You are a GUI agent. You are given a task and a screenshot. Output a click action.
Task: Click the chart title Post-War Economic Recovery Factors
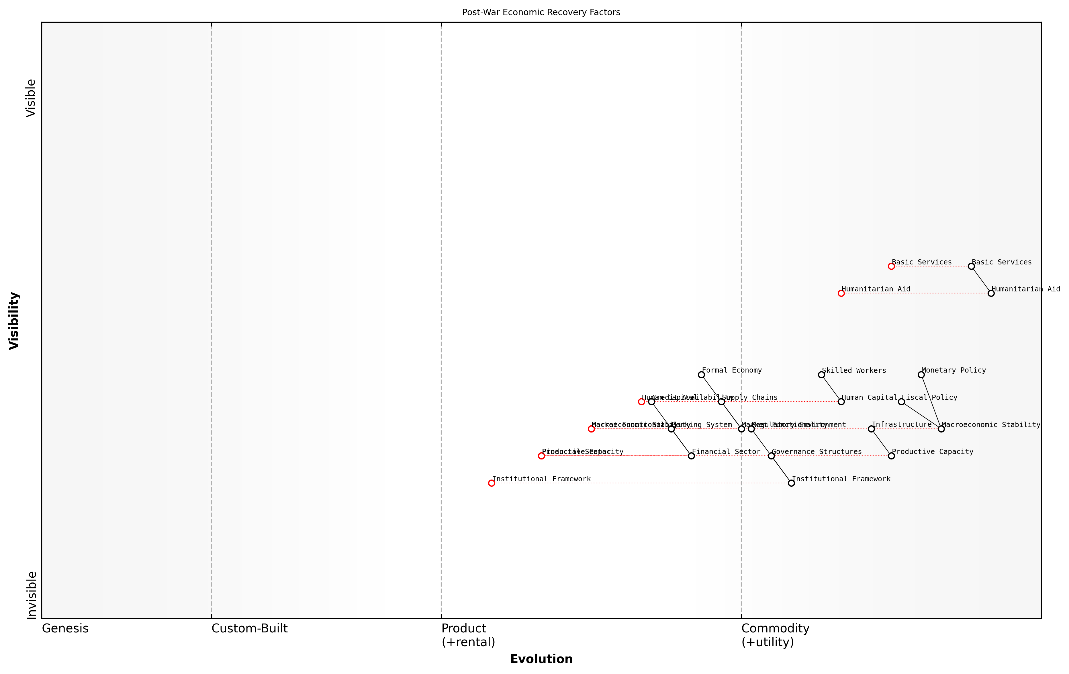click(x=541, y=12)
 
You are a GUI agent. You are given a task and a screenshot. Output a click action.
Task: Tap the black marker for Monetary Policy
click(x=921, y=375)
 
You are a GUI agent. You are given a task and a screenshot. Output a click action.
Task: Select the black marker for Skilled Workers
click(x=821, y=375)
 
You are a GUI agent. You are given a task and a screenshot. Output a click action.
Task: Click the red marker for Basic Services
click(x=891, y=266)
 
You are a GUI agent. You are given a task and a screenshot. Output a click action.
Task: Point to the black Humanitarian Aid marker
click(x=991, y=293)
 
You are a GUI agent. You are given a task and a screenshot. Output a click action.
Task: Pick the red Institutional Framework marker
click(x=492, y=483)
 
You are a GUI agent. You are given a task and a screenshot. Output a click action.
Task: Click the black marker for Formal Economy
click(x=701, y=375)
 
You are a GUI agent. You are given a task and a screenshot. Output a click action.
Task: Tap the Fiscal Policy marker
click(x=901, y=402)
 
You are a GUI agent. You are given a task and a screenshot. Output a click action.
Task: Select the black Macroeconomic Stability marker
click(x=941, y=429)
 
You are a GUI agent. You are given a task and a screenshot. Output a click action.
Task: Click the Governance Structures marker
click(x=771, y=456)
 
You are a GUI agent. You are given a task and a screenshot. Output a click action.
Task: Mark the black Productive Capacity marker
click(x=891, y=456)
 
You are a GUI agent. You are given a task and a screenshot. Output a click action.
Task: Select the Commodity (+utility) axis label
click(x=775, y=635)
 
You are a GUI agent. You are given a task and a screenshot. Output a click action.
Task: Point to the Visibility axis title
click(x=14, y=320)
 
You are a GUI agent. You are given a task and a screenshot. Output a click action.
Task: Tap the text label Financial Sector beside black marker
click(x=726, y=452)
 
